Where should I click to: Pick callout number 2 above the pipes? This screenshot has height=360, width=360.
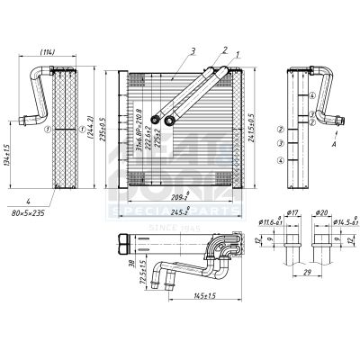(223, 50)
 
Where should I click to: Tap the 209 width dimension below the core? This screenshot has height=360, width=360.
(178, 196)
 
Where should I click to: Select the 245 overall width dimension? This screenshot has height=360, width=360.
(178, 213)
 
